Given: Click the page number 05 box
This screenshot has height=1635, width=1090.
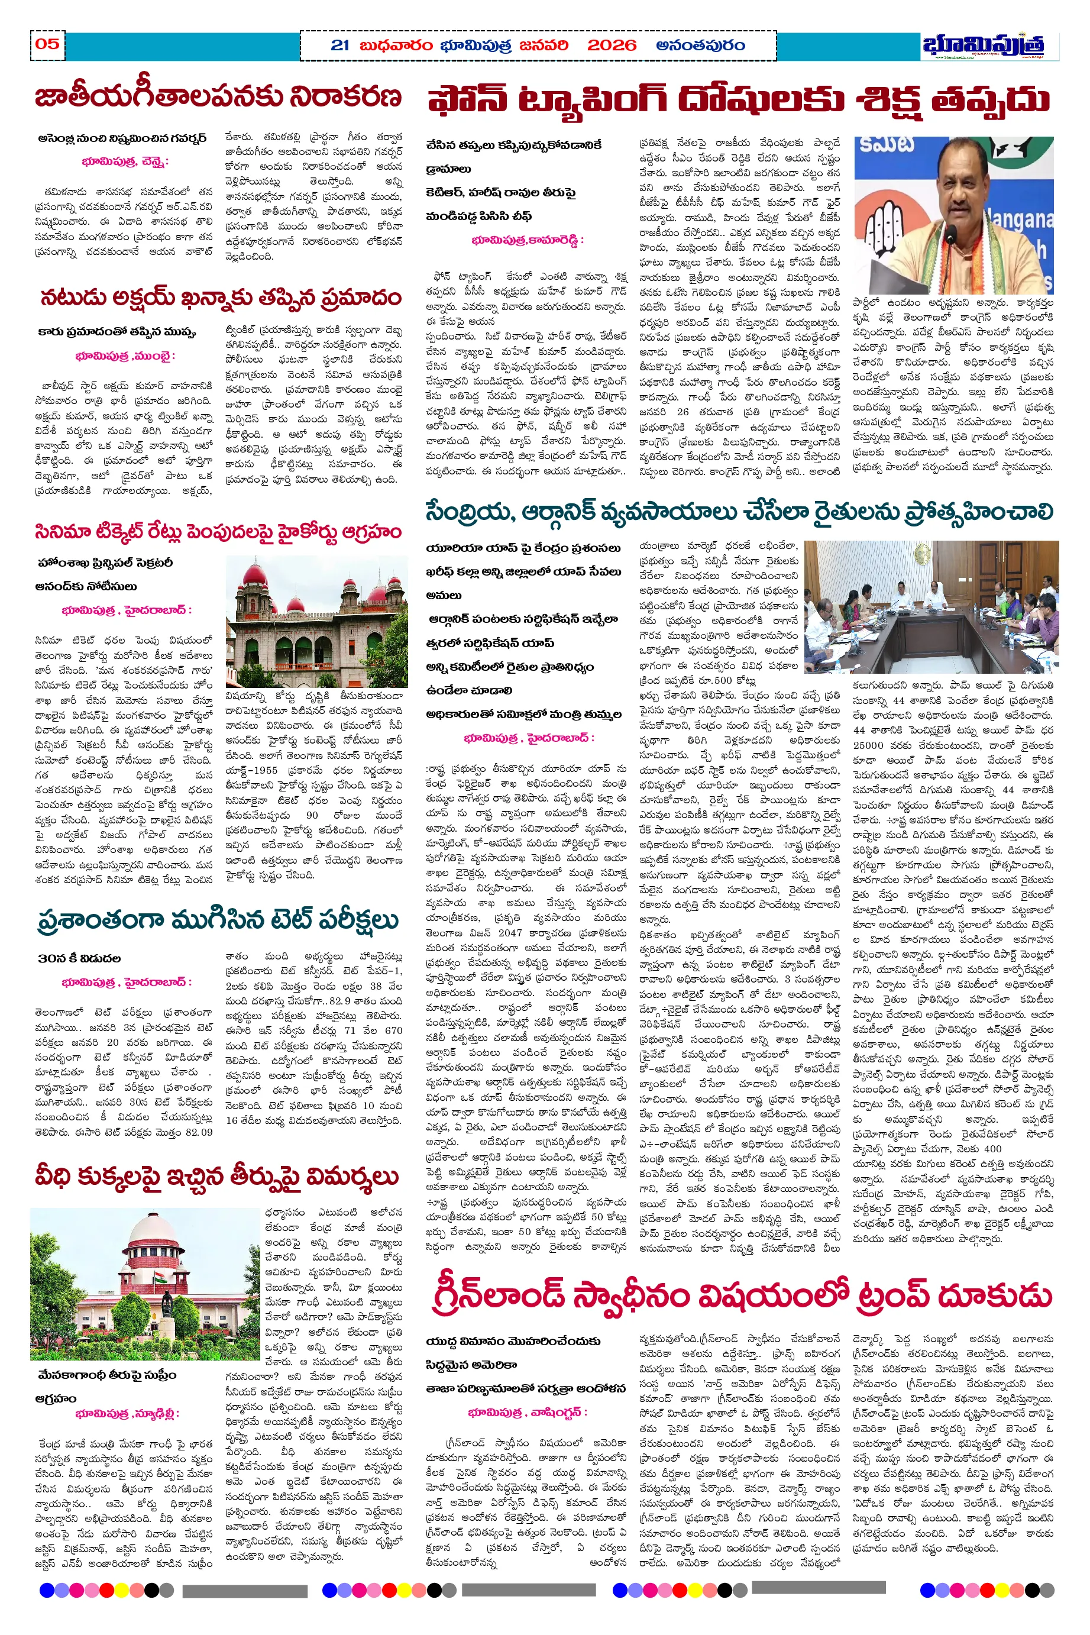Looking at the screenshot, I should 47,45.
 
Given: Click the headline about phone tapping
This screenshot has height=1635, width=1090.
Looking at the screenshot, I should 738,100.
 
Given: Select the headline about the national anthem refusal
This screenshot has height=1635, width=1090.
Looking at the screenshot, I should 218,98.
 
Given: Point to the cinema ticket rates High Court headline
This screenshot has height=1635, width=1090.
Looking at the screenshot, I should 218,532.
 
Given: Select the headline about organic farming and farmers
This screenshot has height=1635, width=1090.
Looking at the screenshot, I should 739,512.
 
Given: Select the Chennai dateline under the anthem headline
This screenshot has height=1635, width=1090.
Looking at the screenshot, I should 125,161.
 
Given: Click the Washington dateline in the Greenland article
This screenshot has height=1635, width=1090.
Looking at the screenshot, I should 528,1412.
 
